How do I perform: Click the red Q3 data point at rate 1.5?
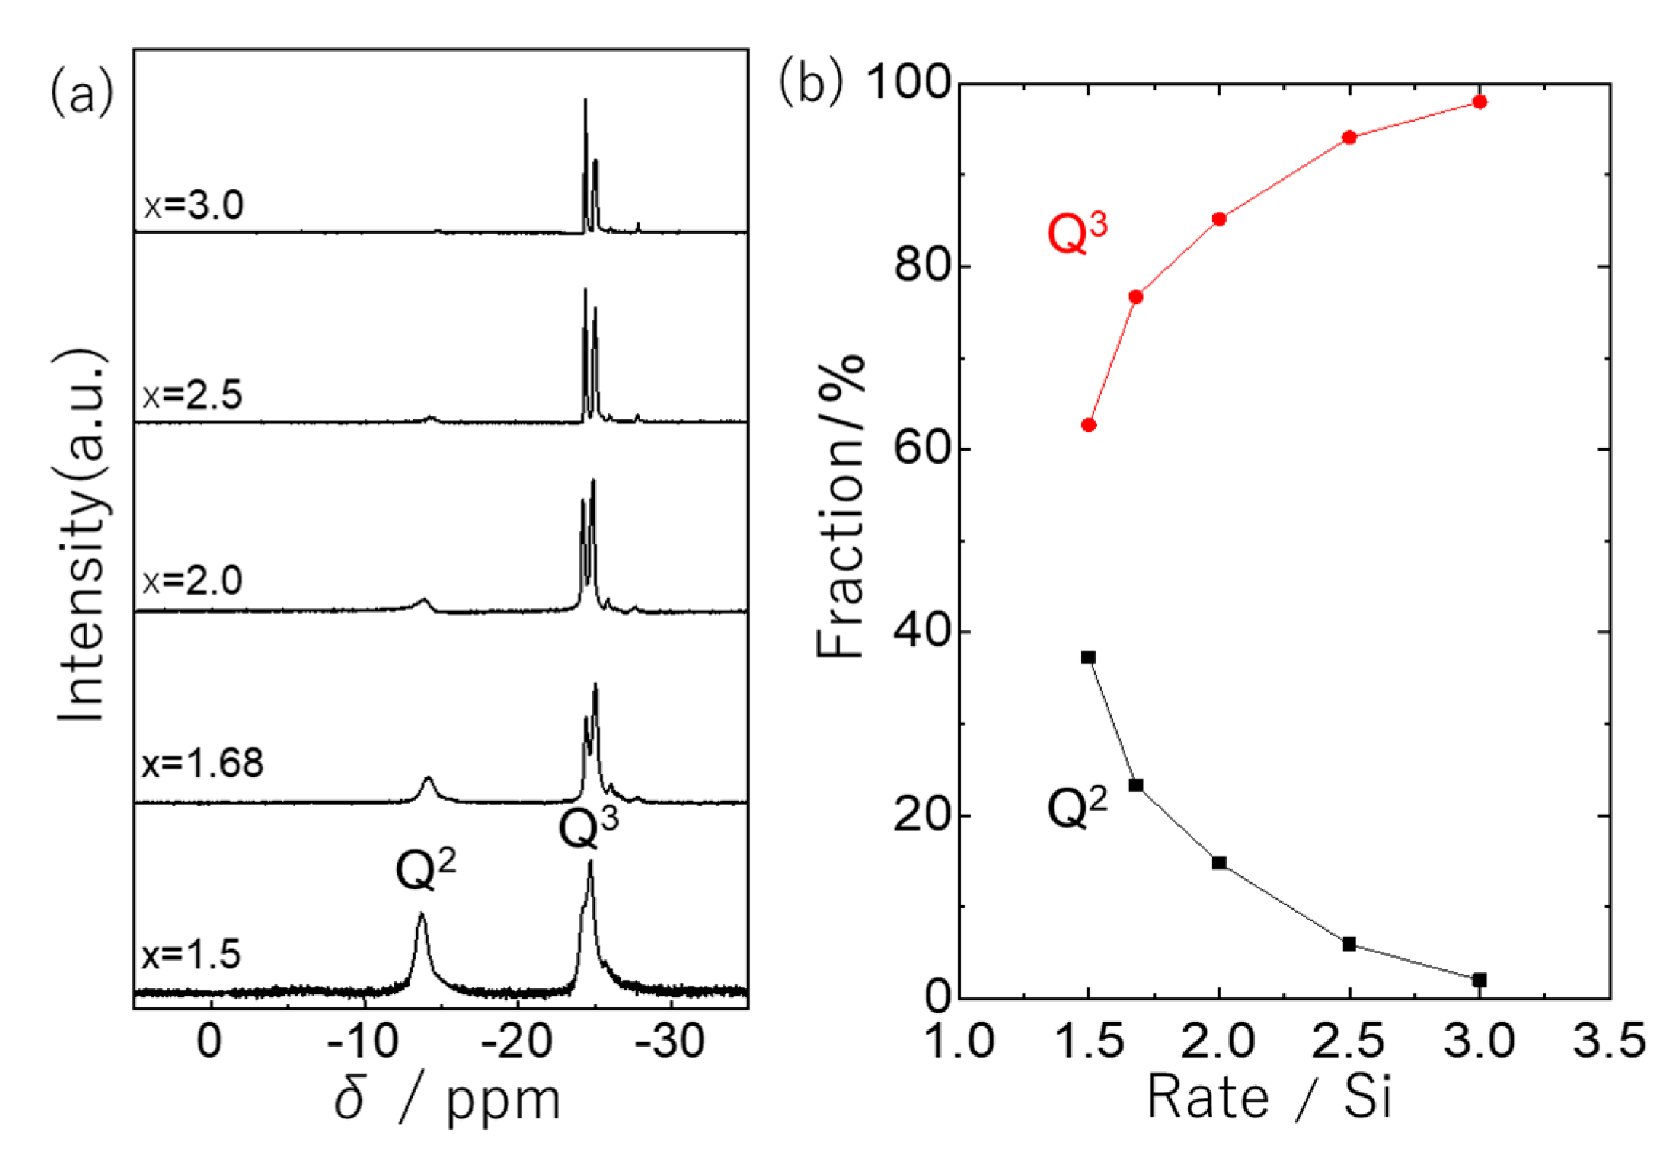pyautogui.click(x=1089, y=425)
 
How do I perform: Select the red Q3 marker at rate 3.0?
pyautogui.click(x=1479, y=102)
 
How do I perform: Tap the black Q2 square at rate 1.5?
pyautogui.click(x=1089, y=657)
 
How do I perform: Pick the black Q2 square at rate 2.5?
pyautogui.click(x=1349, y=944)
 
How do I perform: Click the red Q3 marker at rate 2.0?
pyautogui.click(x=1220, y=219)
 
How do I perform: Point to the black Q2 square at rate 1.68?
pyautogui.click(x=1136, y=785)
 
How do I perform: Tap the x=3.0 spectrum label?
pyautogui.click(x=194, y=205)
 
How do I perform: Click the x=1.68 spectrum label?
pyautogui.click(x=202, y=764)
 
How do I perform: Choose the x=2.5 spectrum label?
pyautogui.click(x=193, y=395)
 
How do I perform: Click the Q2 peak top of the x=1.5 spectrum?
pyautogui.click(x=421, y=914)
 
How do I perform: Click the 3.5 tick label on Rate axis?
pyautogui.click(x=1609, y=1042)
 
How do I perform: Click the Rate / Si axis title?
pyautogui.click(x=1269, y=1098)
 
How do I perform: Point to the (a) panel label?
pyautogui.click(x=82, y=93)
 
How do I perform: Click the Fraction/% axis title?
pyautogui.click(x=839, y=507)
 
